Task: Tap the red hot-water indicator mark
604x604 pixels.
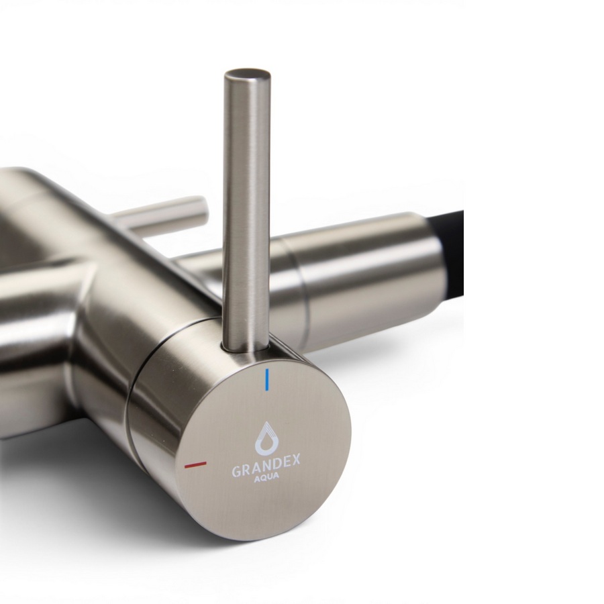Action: coord(195,464)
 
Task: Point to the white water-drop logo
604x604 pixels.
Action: coord(265,438)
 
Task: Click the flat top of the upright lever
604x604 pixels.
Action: coord(247,74)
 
